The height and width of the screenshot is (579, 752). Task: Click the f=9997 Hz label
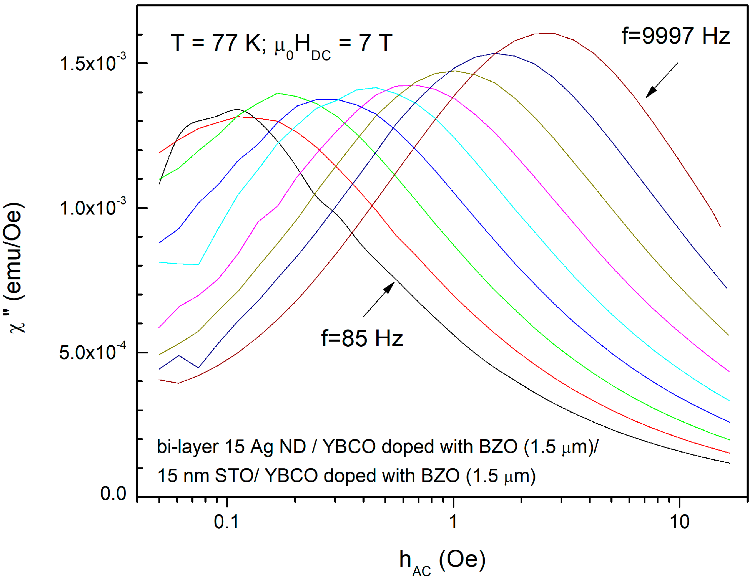click(x=676, y=36)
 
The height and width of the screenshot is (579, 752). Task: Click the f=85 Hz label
click(x=362, y=338)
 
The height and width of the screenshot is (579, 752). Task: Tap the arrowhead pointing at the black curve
click(x=390, y=286)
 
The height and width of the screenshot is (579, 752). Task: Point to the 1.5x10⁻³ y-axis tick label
click(x=92, y=63)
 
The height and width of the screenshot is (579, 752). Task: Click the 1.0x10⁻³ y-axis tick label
click(x=92, y=208)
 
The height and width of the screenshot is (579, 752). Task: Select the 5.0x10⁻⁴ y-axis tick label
click(x=92, y=352)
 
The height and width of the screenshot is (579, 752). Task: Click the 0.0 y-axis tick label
click(x=113, y=494)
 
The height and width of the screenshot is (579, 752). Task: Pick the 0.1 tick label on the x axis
click(x=226, y=522)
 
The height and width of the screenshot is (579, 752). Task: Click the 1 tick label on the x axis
click(x=453, y=522)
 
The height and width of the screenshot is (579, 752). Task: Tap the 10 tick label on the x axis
click(x=679, y=522)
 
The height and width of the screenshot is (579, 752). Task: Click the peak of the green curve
click(x=277, y=93)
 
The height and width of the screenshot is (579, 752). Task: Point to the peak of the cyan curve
click(x=375, y=87)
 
